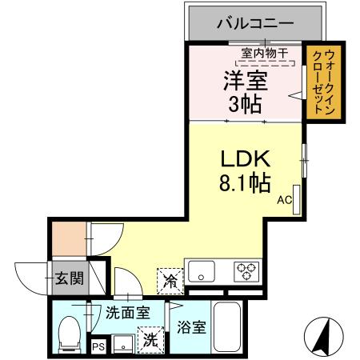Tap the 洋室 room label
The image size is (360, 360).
tap(246, 80)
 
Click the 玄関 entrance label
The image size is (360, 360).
tap(68, 278)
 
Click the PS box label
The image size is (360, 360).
tap(98, 346)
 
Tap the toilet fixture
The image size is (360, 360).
tap(70, 332)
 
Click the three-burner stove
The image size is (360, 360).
tap(244, 271)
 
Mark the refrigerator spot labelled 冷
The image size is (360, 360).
tap(170, 279)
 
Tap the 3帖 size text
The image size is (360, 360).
tap(246, 104)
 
